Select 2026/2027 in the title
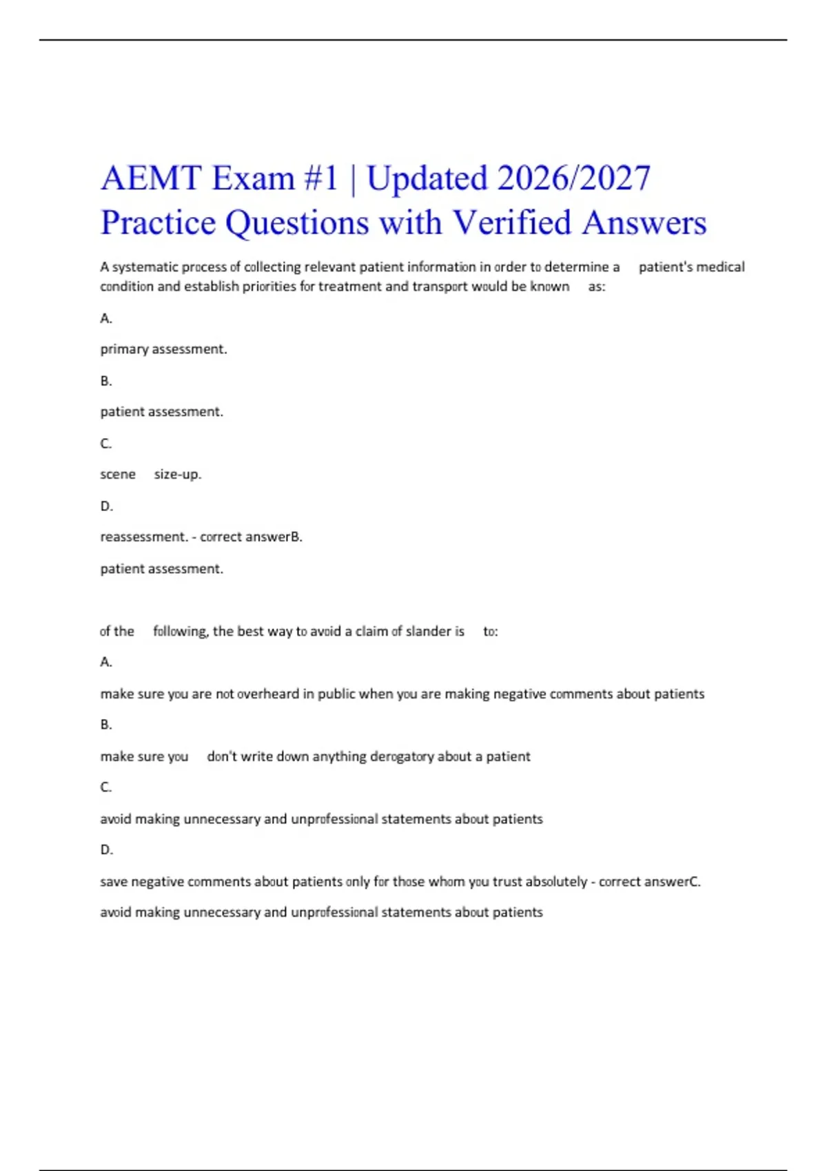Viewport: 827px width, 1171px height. coord(573,178)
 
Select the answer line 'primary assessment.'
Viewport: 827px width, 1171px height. coord(163,349)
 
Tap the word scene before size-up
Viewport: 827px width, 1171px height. coord(118,475)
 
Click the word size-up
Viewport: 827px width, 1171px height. coord(178,475)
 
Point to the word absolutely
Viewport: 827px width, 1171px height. coord(556,882)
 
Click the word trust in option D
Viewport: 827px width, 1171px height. coord(507,882)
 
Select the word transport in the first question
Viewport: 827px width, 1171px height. coord(440,287)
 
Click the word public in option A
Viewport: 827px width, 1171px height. coord(336,694)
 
